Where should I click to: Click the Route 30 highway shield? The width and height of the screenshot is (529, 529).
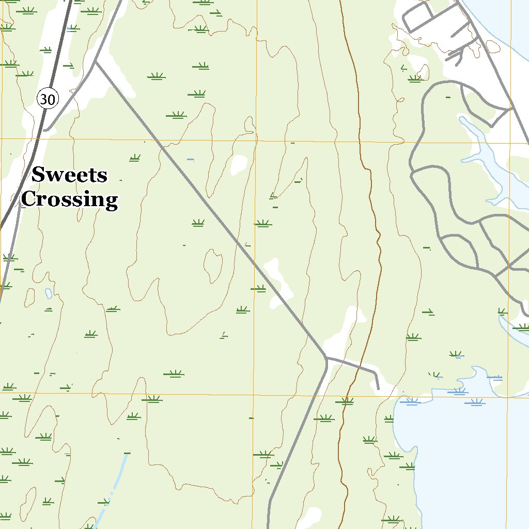(x=48, y=99)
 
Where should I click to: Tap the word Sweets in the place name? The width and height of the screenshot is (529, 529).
(x=69, y=175)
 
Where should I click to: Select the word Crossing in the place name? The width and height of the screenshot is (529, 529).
(x=70, y=199)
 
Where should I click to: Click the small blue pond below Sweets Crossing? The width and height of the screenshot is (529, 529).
(x=49, y=293)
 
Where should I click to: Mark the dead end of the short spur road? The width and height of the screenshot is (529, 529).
(x=378, y=388)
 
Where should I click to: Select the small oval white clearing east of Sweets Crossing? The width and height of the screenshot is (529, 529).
(x=239, y=164)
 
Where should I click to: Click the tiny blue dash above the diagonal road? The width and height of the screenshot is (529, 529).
(x=191, y=160)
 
